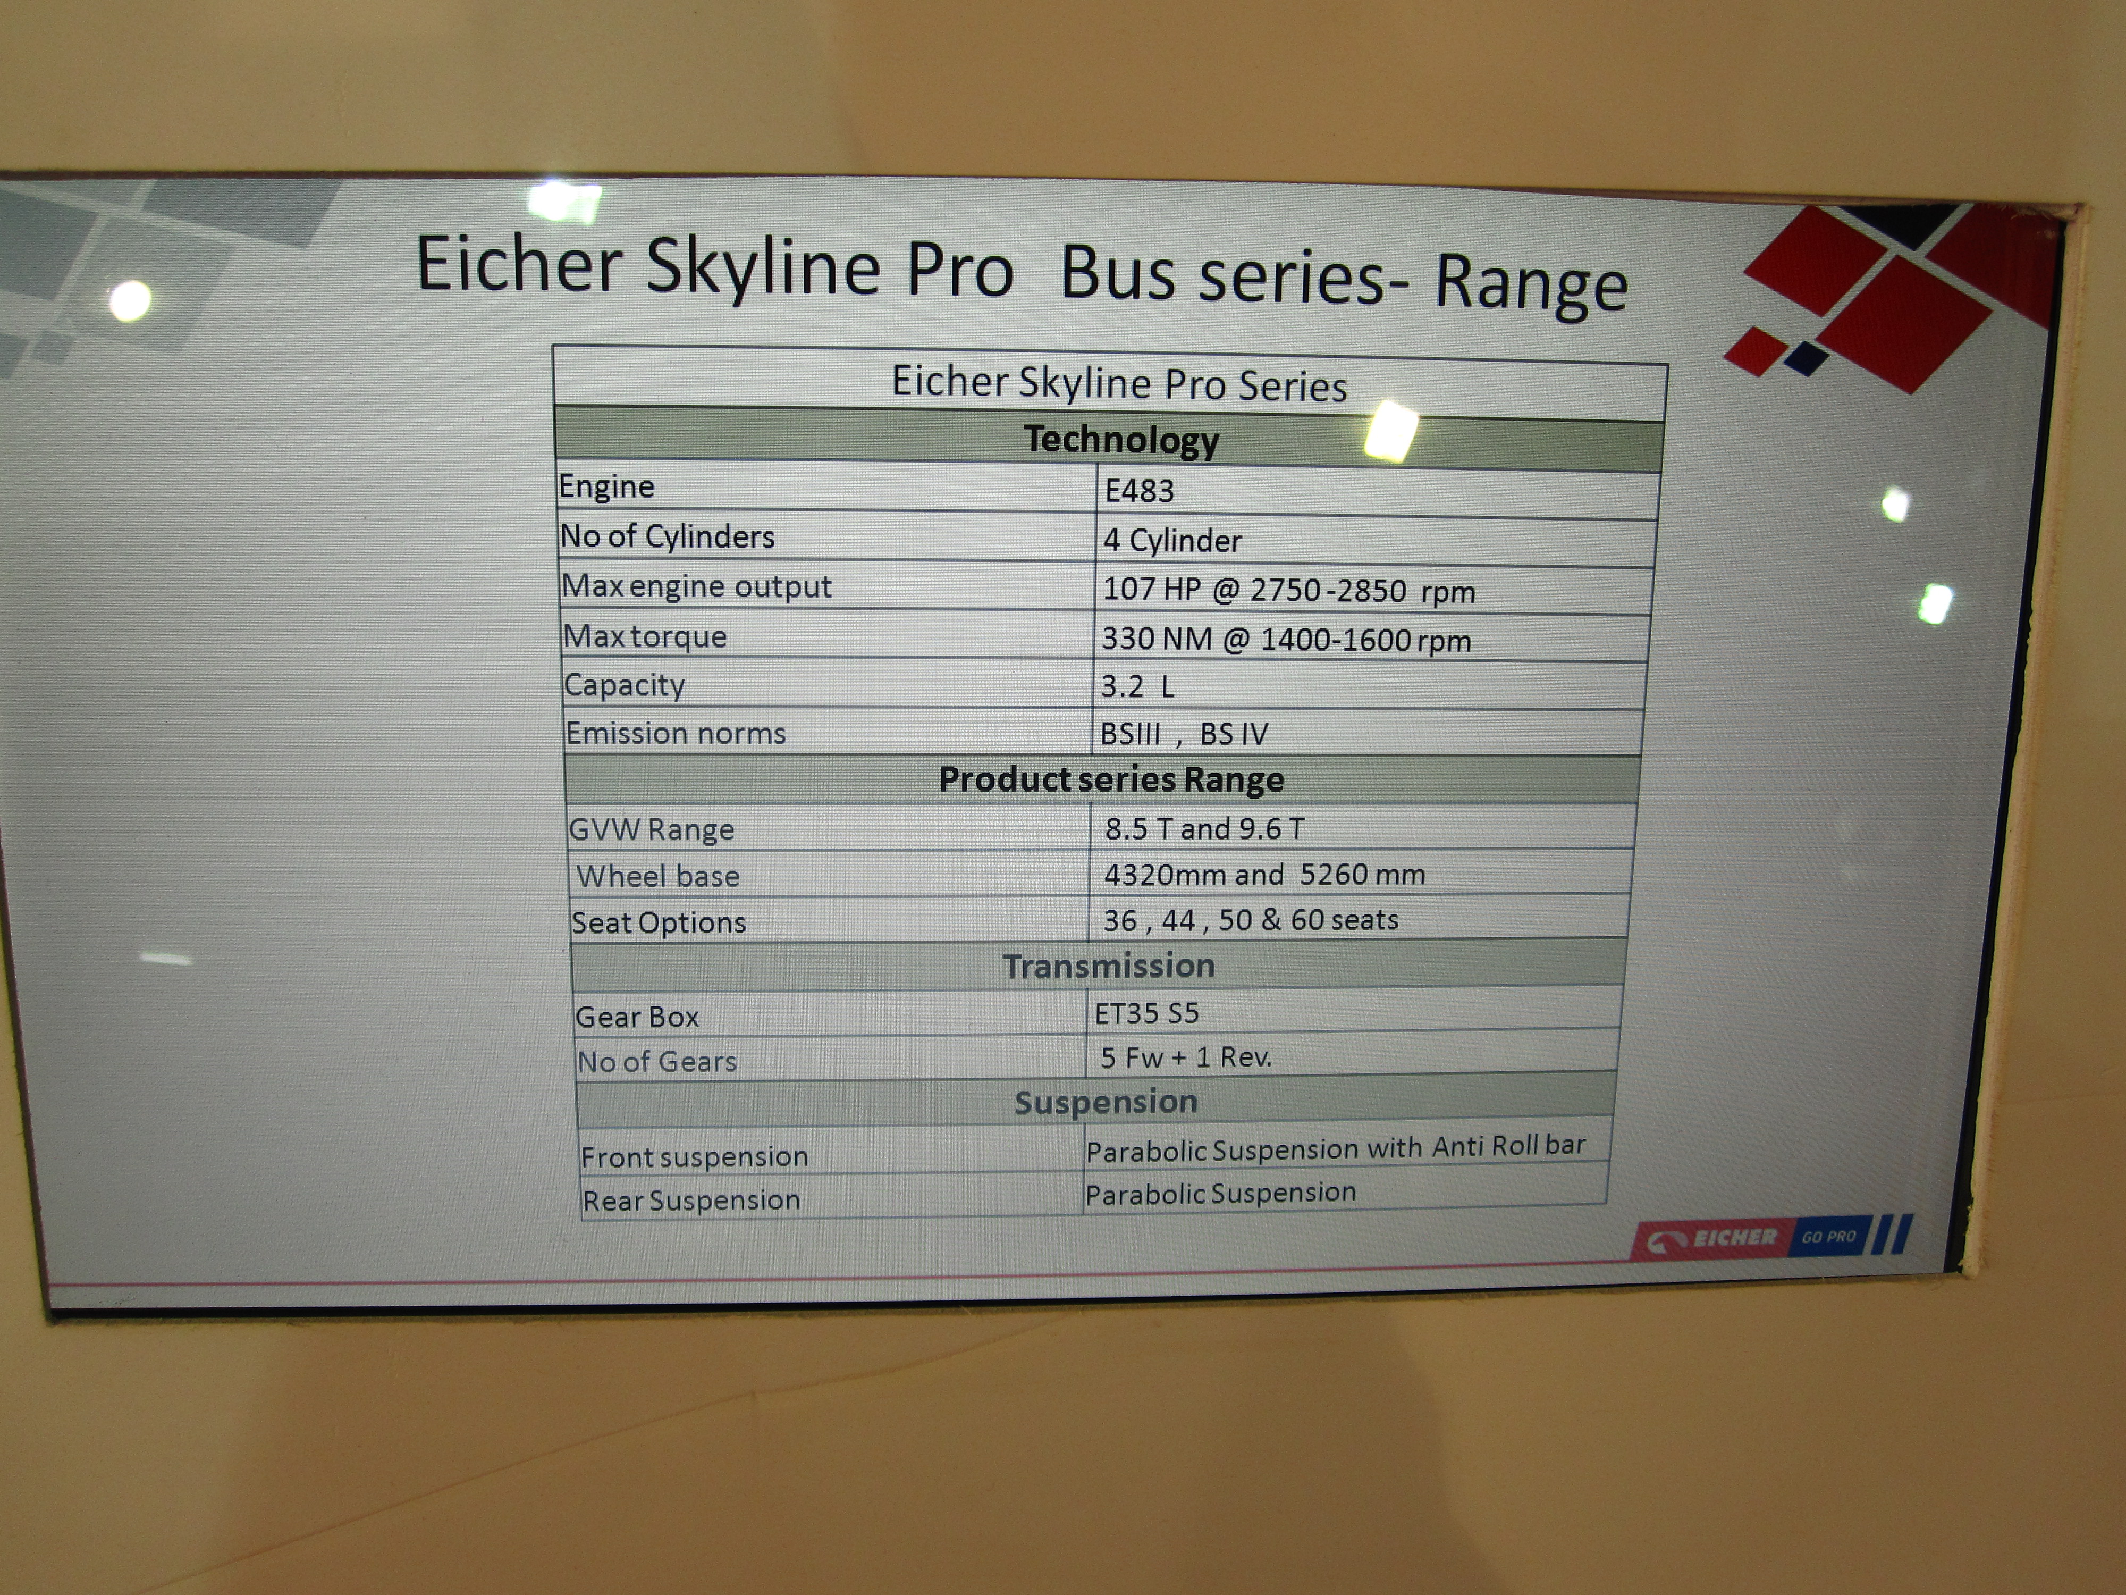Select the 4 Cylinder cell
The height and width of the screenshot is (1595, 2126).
pos(1171,540)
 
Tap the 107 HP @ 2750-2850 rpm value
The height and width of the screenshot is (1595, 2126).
pos(1288,589)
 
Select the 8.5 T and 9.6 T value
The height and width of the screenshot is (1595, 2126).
pos(1204,828)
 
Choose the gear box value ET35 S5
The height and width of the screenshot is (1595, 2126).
pos(1146,1013)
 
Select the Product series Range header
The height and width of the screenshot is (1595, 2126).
pos(1111,779)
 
